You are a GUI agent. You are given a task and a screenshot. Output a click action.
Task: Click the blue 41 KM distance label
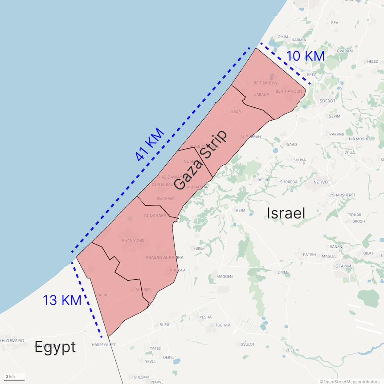150,145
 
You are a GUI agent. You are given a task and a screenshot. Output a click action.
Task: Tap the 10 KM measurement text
305,56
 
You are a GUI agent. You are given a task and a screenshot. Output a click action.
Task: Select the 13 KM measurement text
62,300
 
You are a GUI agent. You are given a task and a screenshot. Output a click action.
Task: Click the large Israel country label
286,213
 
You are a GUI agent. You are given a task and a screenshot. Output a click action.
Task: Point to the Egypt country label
55,347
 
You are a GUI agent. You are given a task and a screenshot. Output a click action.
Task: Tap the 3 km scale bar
14,378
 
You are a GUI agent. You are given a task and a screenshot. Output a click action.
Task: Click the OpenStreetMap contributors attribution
351,381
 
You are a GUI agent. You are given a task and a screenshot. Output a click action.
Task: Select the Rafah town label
102,295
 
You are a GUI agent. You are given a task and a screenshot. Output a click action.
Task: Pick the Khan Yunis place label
133,241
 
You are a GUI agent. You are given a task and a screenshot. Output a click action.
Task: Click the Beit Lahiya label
265,83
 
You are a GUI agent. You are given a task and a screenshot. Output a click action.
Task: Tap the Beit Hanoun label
289,91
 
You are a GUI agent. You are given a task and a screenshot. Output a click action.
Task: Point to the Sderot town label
327,101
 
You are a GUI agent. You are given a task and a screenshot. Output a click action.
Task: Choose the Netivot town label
322,182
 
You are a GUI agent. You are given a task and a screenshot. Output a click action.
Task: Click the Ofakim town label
343,266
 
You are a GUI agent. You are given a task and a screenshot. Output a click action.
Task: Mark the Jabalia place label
261,94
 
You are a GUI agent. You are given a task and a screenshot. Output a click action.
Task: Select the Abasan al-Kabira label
164,257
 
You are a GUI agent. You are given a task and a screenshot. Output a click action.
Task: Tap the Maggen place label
225,277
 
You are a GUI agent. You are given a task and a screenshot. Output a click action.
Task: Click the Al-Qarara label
155,216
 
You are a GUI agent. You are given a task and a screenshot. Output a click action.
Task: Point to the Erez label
311,74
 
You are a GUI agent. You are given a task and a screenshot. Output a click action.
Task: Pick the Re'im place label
241,210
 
